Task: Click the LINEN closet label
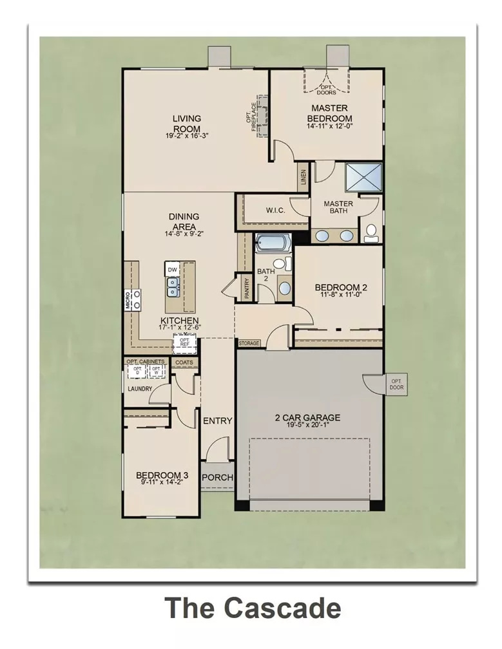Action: coord(304,178)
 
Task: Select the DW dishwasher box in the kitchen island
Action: coord(172,269)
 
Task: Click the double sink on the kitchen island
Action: coord(172,285)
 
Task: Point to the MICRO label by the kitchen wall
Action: coord(128,300)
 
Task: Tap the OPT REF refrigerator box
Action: coord(184,343)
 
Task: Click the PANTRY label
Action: coord(246,287)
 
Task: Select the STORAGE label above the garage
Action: coord(249,343)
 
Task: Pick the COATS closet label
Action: coord(184,362)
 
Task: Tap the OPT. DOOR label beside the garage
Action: coord(396,384)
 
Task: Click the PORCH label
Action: coord(217,478)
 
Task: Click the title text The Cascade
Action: coord(252,608)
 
